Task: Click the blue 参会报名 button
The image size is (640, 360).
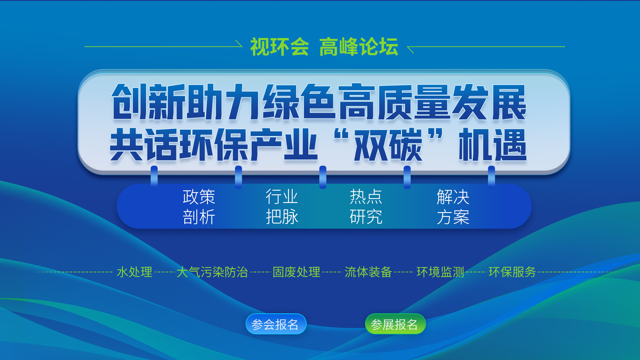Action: click(x=276, y=324)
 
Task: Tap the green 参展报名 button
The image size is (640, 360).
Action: click(x=395, y=324)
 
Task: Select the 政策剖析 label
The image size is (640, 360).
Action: click(x=199, y=207)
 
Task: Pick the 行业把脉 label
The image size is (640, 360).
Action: click(x=282, y=207)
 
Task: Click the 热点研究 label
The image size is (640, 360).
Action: click(x=366, y=207)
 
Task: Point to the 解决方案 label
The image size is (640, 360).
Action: click(x=453, y=207)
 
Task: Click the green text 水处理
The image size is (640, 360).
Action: click(x=134, y=272)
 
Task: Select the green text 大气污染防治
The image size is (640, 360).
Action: click(x=212, y=272)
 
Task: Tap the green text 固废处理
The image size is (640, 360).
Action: click(x=296, y=272)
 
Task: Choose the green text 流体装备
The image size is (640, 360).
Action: click(x=368, y=272)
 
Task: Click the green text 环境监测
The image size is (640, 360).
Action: click(x=440, y=272)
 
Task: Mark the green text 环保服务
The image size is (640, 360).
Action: click(x=512, y=272)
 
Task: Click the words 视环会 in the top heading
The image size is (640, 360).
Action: click(x=279, y=47)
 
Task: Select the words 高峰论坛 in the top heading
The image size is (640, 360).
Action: click(x=359, y=47)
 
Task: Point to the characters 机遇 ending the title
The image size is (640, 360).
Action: click(x=493, y=145)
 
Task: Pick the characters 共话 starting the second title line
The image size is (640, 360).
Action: click(x=144, y=145)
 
